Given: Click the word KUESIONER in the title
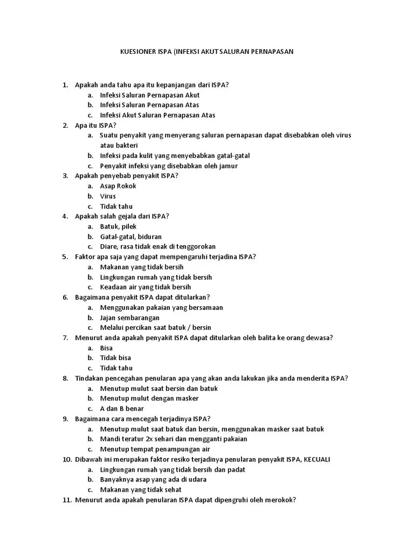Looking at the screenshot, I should pyautogui.click(x=136, y=52).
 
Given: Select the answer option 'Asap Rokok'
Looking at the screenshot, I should pyautogui.click(x=118, y=186).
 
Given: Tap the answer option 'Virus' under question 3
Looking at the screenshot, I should pyautogui.click(x=108, y=196).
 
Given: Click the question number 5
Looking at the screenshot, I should pyautogui.click(x=65, y=257).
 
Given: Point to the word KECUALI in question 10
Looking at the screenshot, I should pyautogui.click(x=317, y=459).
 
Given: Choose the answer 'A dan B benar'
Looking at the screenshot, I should pyautogui.click(x=122, y=409).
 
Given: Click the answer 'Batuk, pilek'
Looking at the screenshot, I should pyautogui.click(x=118, y=226).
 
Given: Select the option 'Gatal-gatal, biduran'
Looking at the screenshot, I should pyautogui.click(x=130, y=237).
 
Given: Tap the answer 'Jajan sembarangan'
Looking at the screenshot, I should pyautogui.click(x=129, y=318).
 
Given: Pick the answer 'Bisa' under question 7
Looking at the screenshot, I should pyautogui.click(x=106, y=348).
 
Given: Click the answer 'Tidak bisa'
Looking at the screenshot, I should pyautogui.click(x=115, y=358).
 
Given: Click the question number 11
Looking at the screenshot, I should pyautogui.click(x=66, y=500).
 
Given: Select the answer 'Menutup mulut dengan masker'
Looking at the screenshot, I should pyautogui.click(x=149, y=398).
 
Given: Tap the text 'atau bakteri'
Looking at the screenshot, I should pyautogui.click(x=119, y=146).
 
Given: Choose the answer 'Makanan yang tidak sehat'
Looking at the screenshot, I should pyautogui.click(x=141, y=489).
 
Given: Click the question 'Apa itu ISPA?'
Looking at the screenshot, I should pyautogui.click(x=95, y=125).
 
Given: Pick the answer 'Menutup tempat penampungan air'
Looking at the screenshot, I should pyautogui.click(x=155, y=449).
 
